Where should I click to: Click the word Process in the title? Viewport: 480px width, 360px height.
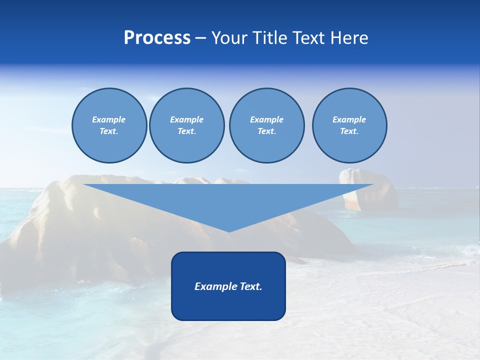[157, 38]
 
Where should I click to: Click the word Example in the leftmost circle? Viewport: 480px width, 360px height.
[109, 119]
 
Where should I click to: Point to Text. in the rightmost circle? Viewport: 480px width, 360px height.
[349, 131]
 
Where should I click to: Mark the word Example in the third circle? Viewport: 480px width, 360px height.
[266, 119]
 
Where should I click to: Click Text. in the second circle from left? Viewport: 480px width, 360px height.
[186, 131]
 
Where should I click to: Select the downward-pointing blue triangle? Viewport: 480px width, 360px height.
[228, 200]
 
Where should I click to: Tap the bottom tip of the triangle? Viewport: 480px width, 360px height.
[228, 230]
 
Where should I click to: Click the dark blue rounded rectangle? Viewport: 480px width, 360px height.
[228, 305]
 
